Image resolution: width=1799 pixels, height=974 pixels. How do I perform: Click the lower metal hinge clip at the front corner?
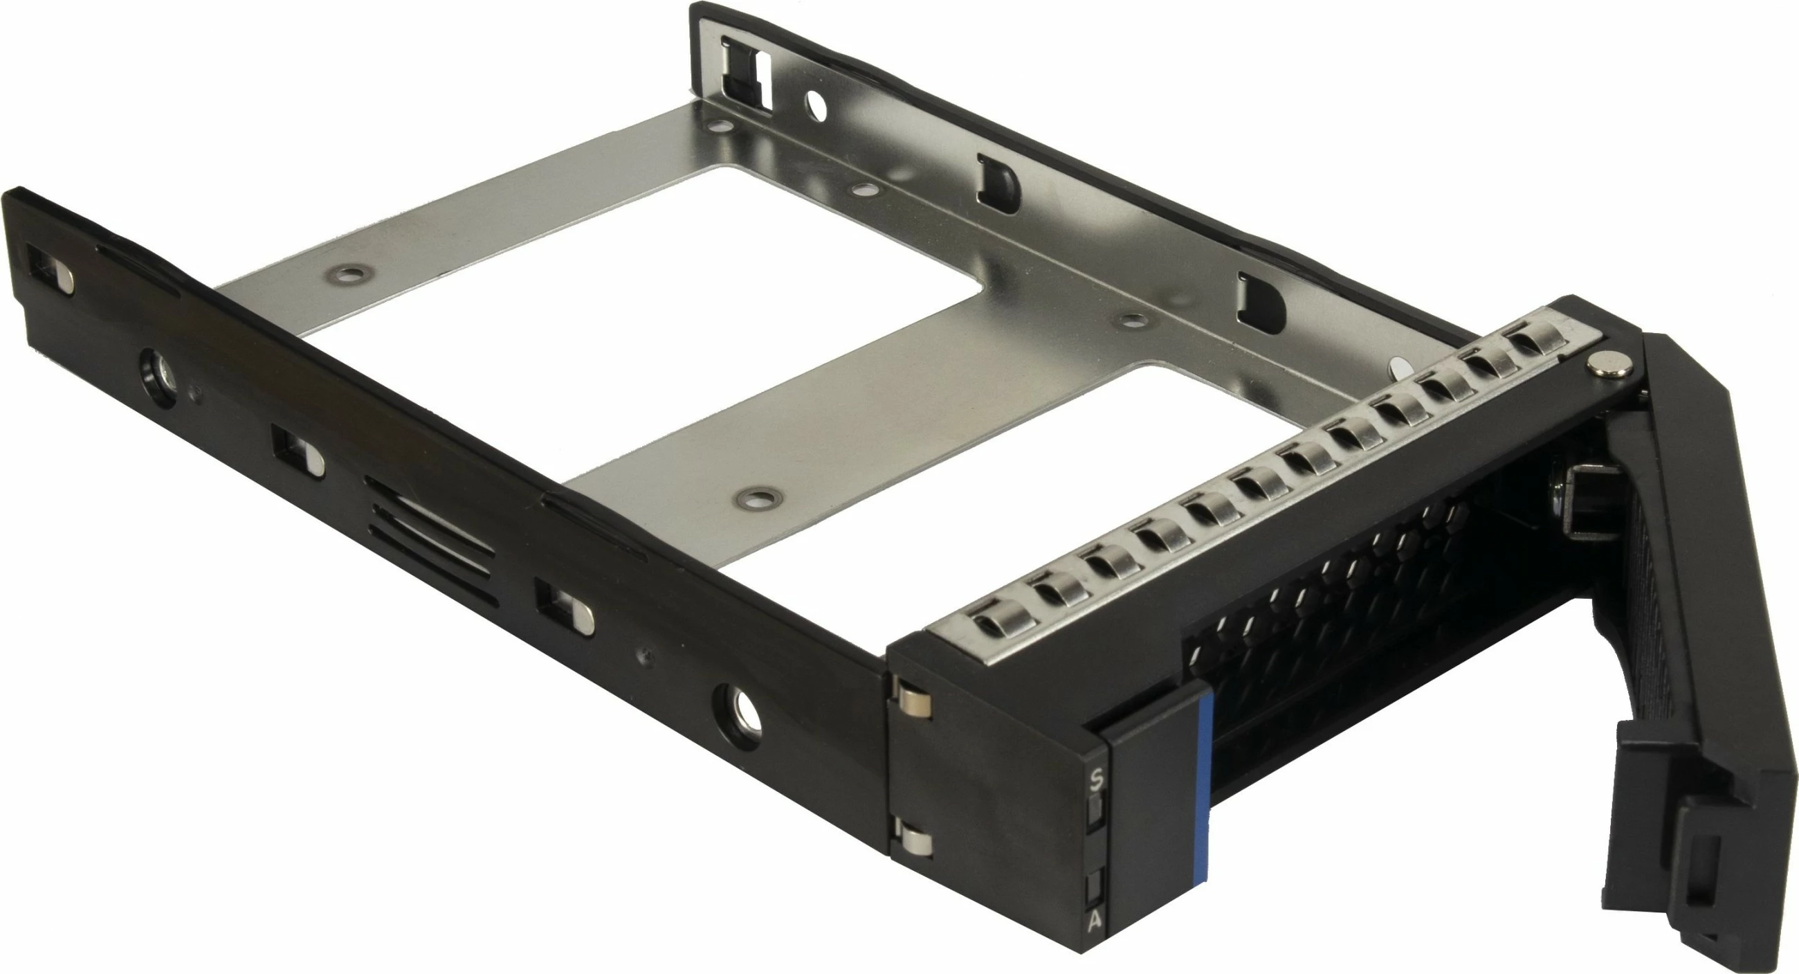pyautogui.click(x=914, y=841)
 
